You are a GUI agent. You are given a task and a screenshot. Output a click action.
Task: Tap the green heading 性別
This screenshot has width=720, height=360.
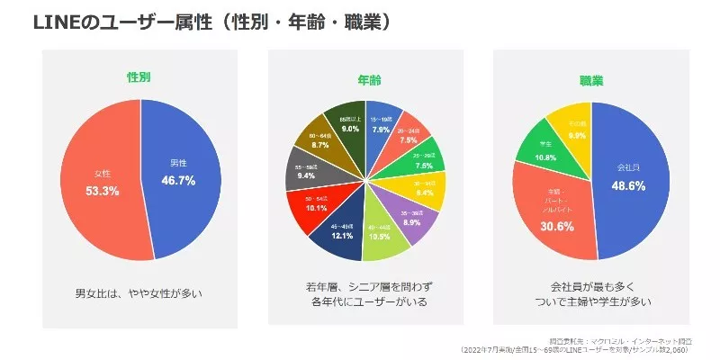(x=139, y=78)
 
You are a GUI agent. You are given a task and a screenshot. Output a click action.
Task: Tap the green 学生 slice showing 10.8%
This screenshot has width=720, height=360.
(x=545, y=152)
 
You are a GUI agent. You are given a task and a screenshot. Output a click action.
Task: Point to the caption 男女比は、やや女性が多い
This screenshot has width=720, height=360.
(x=140, y=293)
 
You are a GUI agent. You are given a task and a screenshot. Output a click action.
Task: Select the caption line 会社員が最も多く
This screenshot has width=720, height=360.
(x=590, y=285)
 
